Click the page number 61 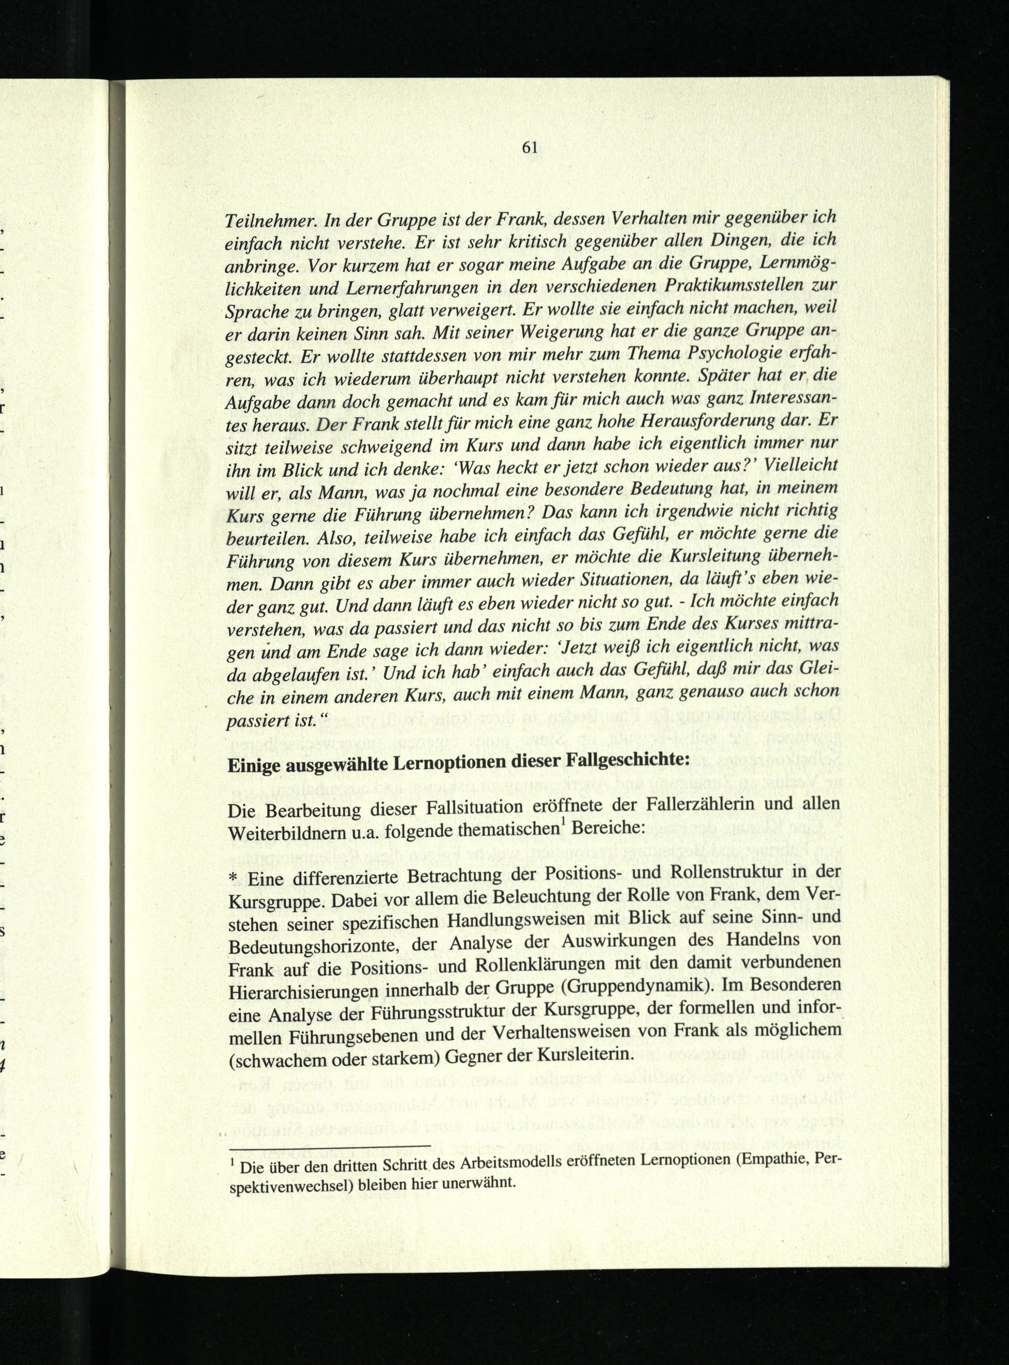click(529, 147)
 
